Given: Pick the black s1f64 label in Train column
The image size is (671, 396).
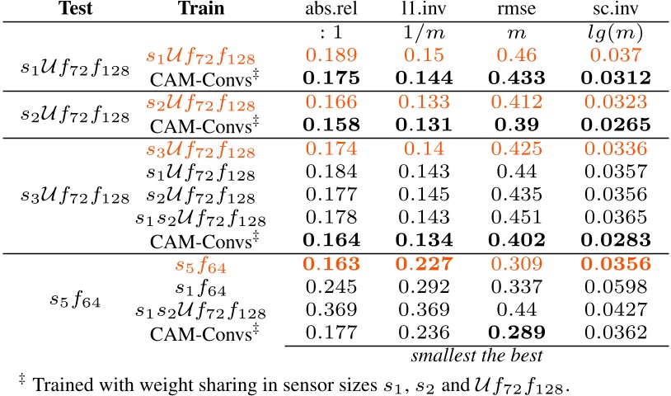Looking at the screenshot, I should tap(203, 290).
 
